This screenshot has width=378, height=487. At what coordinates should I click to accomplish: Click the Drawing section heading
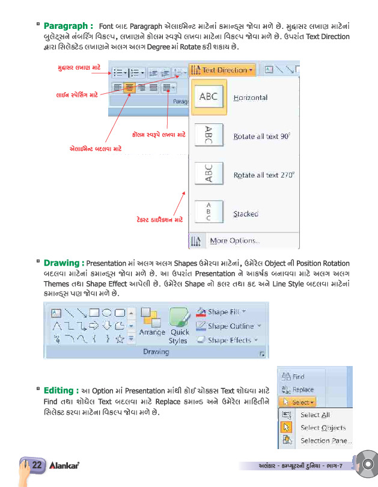click(x=63, y=263)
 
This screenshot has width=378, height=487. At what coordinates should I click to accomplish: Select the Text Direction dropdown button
click(x=222, y=70)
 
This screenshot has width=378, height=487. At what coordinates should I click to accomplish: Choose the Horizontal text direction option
click(x=250, y=98)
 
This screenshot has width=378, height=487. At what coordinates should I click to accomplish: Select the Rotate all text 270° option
click(x=263, y=175)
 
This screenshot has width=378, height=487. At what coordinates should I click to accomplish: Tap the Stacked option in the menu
click(x=245, y=214)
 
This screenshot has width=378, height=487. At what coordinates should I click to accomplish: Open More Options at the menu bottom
click(x=234, y=241)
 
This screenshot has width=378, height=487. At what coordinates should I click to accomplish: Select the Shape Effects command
click(x=229, y=340)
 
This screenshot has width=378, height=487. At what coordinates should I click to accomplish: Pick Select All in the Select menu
click(x=314, y=415)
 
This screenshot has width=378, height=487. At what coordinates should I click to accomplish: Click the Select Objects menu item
click(x=322, y=428)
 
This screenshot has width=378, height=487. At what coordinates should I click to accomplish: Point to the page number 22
click(x=37, y=465)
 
